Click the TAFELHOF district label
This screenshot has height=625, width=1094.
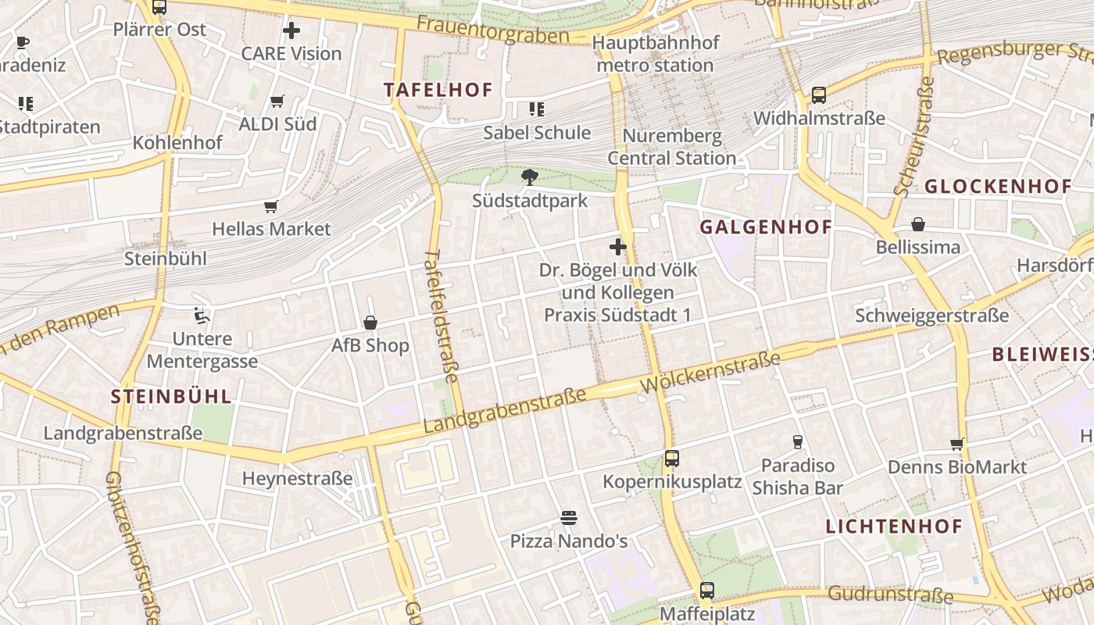click(438, 90)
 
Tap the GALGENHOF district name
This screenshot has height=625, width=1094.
click(765, 227)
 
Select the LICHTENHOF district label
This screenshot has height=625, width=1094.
click(895, 526)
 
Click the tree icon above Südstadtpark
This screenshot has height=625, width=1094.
click(530, 177)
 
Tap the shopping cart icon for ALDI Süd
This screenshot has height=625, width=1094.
click(277, 101)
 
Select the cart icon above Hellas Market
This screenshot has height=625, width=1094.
click(271, 206)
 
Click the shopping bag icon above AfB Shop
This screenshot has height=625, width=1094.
click(370, 323)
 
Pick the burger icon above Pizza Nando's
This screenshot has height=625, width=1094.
click(569, 517)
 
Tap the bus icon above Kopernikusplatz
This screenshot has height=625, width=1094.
click(672, 459)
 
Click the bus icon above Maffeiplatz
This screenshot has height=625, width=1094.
click(707, 591)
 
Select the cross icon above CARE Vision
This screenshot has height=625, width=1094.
click(291, 30)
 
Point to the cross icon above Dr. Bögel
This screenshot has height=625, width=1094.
click(618, 247)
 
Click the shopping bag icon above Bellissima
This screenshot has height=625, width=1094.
click(918, 224)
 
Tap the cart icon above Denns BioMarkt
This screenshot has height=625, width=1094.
click(957, 444)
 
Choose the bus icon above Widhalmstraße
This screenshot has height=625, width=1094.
click(819, 95)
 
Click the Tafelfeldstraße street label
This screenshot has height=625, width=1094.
click(444, 320)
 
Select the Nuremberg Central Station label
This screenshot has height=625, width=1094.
click(672, 147)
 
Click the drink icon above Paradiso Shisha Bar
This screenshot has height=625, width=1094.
click(798, 442)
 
